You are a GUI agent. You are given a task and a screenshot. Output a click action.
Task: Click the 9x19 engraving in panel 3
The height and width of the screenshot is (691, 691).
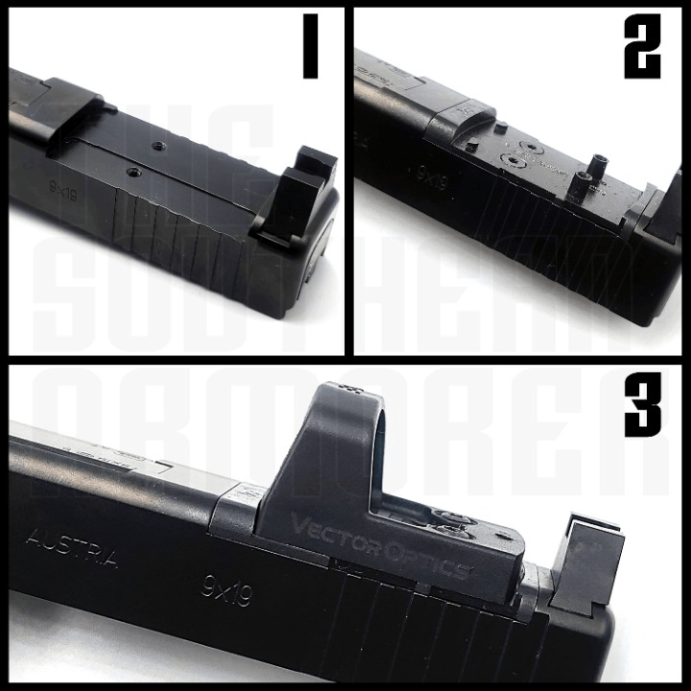(226, 587)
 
